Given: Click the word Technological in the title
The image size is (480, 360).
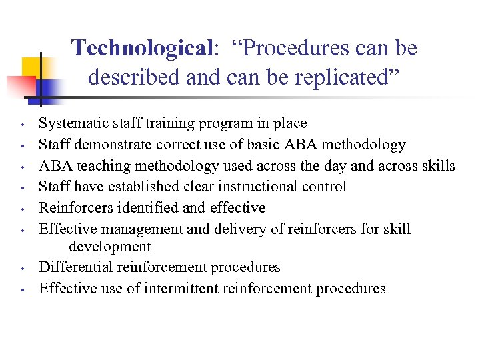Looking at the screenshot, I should (142, 49).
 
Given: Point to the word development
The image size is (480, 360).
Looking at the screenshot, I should (109, 247).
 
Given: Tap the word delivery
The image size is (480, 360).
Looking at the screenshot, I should (236, 229).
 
